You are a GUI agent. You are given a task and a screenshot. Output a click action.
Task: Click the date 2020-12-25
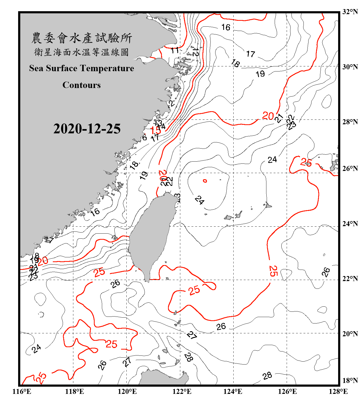pyautogui.click(x=87, y=129)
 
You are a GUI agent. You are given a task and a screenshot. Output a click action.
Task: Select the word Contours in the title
pyautogui.click(x=82, y=85)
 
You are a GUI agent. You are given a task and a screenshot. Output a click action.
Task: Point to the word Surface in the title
pyautogui.click(x=62, y=68)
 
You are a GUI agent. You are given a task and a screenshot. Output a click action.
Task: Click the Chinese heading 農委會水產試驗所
pyautogui.click(x=82, y=38)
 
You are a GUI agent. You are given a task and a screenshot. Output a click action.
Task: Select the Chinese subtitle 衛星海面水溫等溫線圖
pyautogui.click(x=82, y=52)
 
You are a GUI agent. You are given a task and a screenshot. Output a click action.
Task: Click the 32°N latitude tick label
pyautogui.click(x=350, y=12)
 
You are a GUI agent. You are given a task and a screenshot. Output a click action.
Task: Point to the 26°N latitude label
pyautogui.click(x=350, y=169)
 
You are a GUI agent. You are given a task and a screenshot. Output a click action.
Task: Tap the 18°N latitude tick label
pyautogui.click(x=350, y=381)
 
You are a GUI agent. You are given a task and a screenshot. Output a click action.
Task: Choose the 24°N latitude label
pyautogui.click(x=350, y=224)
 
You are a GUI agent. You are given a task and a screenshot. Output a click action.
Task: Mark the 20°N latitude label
pyautogui.click(x=350, y=334)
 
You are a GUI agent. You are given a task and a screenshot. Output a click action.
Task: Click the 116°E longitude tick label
pyautogui.click(x=22, y=391)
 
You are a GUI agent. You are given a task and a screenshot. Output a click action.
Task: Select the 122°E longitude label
pyautogui.click(x=182, y=391)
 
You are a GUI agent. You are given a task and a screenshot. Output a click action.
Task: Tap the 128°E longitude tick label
pyautogui.click(x=338, y=391)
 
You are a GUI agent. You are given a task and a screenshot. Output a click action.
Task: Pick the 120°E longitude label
pyautogui.click(x=127, y=391)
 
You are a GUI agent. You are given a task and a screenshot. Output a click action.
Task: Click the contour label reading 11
pyautogui.click(x=175, y=50)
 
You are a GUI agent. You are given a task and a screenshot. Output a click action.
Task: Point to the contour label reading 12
pyautogui.click(x=196, y=52)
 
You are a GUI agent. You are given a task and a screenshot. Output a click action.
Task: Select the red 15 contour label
pyautogui.click(x=155, y=130)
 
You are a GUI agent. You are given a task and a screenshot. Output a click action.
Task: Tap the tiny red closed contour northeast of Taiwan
pyautogui.click(x=205, y=181)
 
